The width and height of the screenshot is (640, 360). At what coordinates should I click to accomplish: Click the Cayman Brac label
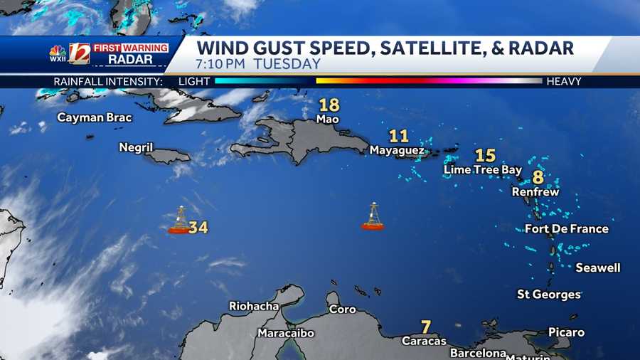point(95,117)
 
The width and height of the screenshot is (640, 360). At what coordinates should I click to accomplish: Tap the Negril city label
point(136,147)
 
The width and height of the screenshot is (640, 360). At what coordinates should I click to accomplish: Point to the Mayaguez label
point(397,150)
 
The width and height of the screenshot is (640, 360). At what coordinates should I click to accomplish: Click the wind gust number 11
point(399,136)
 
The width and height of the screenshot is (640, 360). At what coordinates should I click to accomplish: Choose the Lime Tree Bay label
point(482,170)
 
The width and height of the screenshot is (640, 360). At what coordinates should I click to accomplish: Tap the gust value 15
point(485,155)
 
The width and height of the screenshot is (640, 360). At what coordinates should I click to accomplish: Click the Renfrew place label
point(535,192)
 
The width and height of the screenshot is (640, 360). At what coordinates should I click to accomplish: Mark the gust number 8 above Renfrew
point(538,177)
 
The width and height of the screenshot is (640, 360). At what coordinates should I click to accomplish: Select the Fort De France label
point(566,229)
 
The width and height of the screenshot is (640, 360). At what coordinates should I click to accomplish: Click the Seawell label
point(598,268)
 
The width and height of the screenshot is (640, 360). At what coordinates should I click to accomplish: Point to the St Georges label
point(549,295)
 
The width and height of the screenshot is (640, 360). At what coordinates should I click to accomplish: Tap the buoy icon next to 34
point(179,221)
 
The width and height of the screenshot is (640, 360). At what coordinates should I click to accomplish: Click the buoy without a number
point(373,217)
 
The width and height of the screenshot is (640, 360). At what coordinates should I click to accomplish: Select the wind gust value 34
point(198,228)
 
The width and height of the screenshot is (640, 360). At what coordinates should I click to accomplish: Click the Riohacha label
point(254,307)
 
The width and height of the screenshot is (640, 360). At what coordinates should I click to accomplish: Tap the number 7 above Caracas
point(426,327)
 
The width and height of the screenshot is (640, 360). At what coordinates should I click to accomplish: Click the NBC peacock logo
point(58,51)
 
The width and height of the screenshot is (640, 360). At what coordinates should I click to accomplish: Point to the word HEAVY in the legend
point(564,82)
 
